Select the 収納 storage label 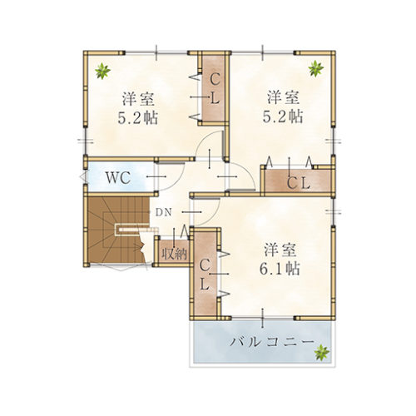(174, 252)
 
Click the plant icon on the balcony (319, 353)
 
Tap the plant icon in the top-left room (102, 71)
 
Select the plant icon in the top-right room (316, 68)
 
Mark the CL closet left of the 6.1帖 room (205, 275)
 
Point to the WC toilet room (118, 177)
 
